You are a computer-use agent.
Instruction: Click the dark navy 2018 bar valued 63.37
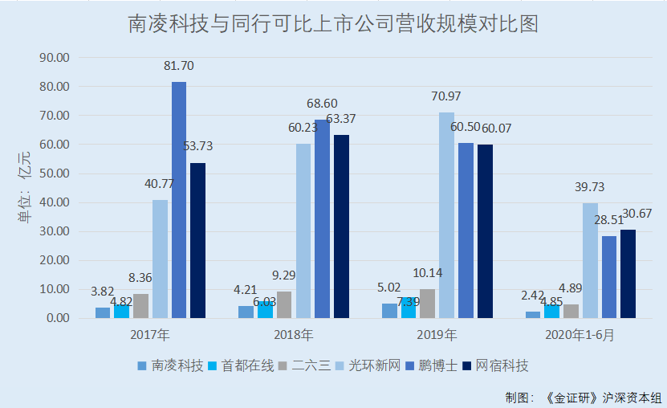click(x=341, y=226)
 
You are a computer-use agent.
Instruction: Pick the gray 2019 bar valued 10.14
click(x=427, y=303)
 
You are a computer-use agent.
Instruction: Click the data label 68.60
click(x=322, y=104)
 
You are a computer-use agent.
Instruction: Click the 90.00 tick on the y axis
click(x=55, y=58)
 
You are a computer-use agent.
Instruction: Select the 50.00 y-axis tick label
click(x=55, y=173)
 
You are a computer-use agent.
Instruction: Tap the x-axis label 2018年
click(x=293, y=335)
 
